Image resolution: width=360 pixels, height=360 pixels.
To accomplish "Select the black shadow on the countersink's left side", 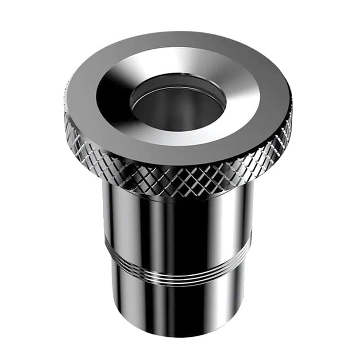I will point(111,98).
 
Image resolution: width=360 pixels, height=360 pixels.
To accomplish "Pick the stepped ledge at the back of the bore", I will point(177,82).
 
